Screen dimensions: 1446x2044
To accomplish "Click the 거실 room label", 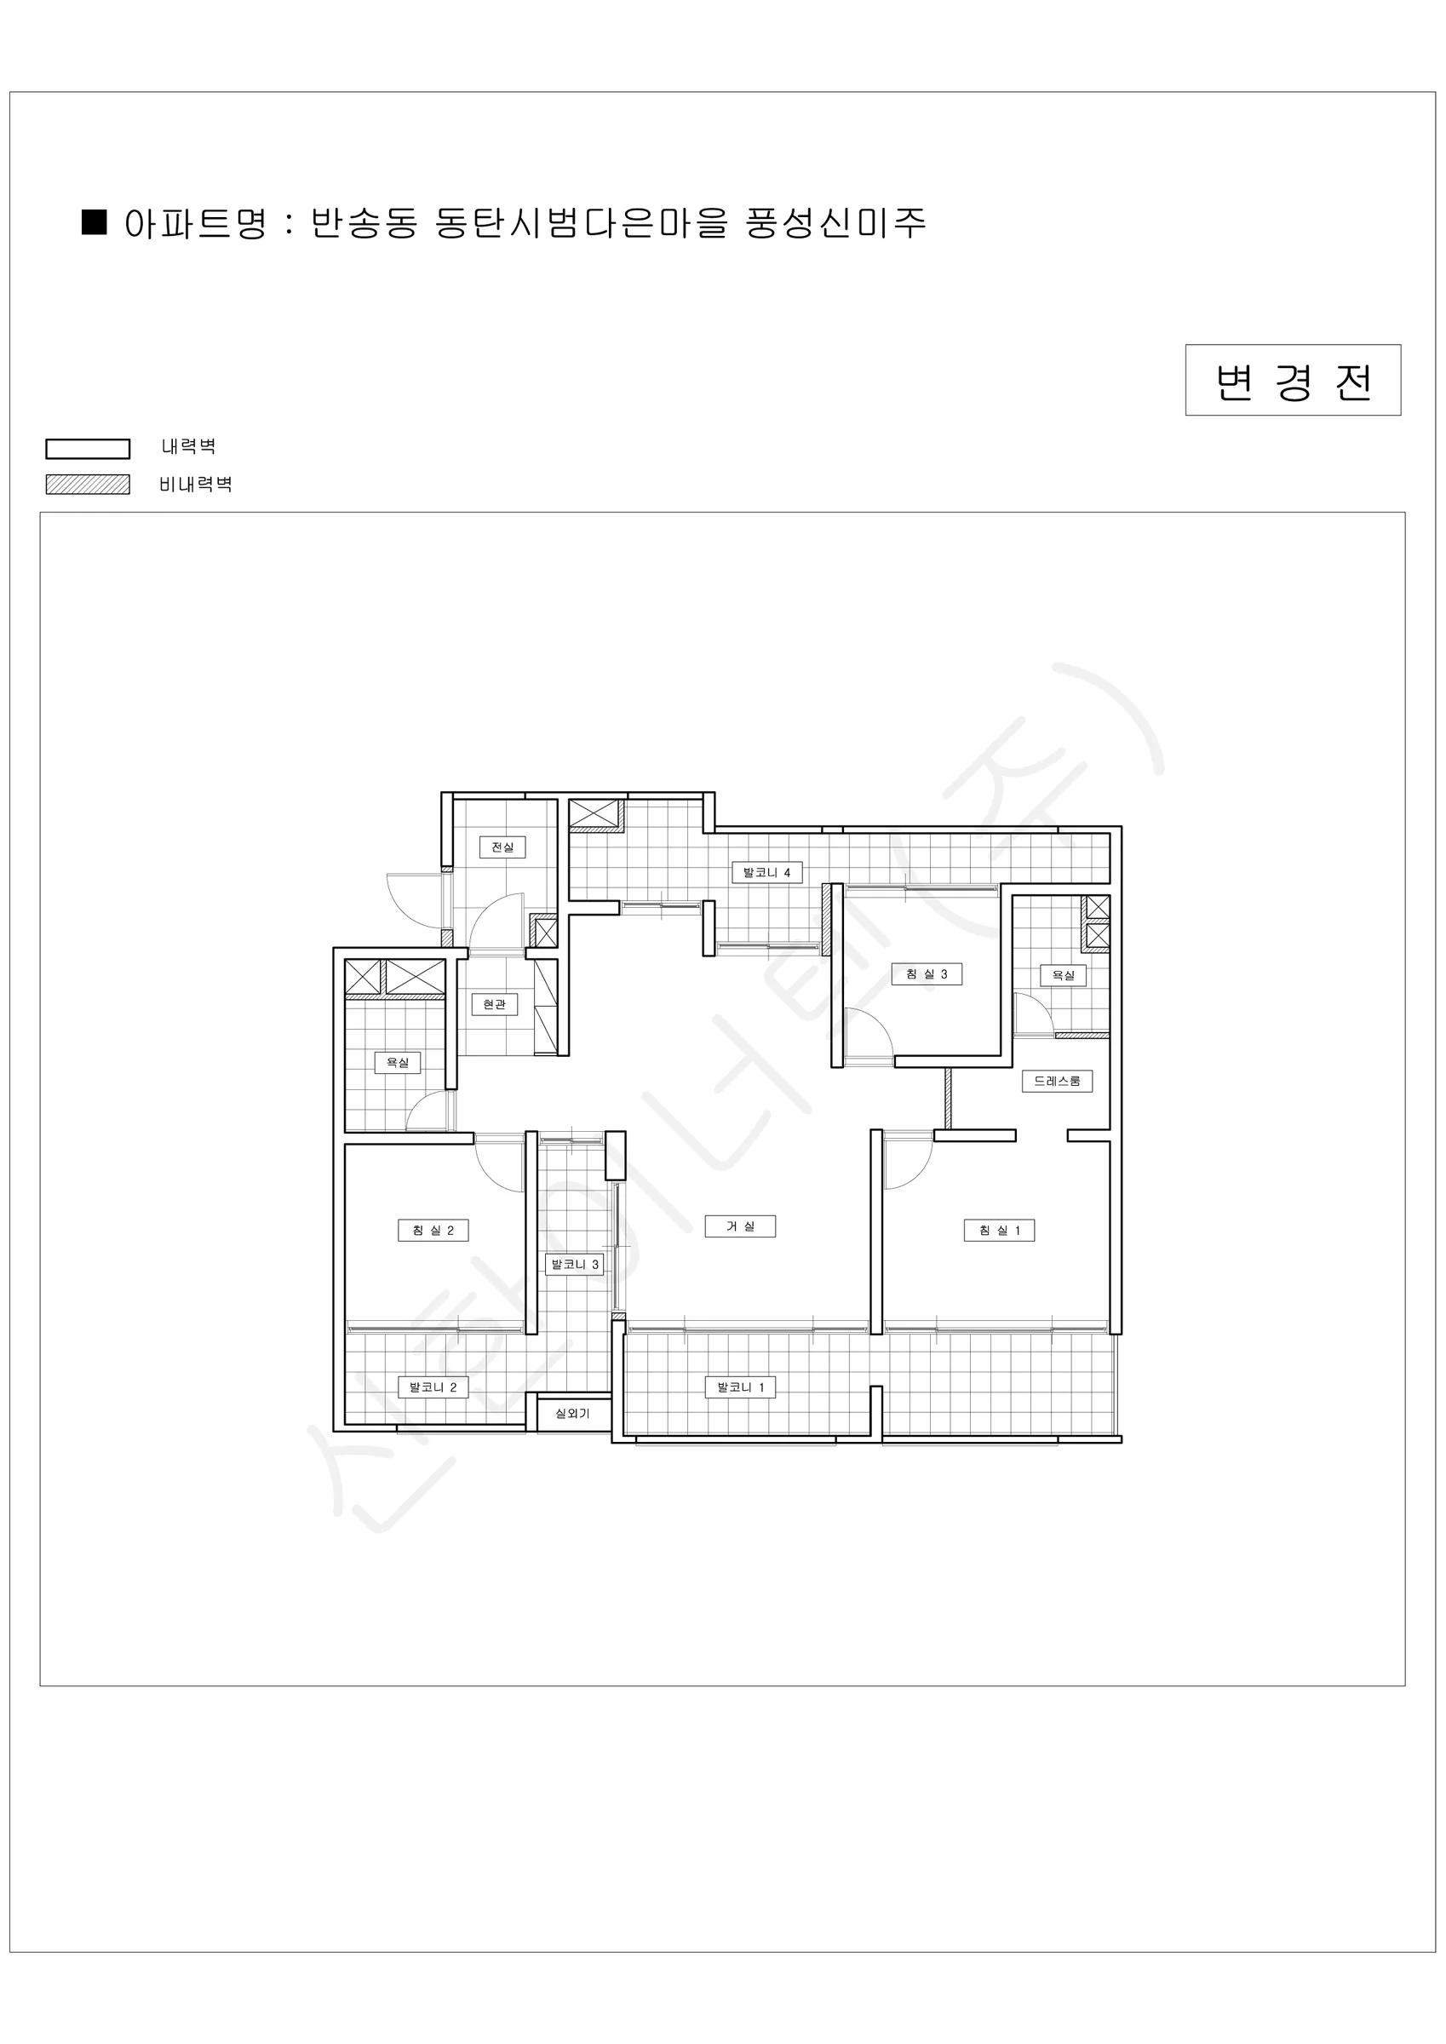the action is click(x=740, y=1226).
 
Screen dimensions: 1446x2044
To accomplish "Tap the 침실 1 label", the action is click(x=999, y=1231).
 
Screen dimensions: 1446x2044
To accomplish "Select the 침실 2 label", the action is click(x=433, y=1231).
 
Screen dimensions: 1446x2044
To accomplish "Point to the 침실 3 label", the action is click(x=927, y=974).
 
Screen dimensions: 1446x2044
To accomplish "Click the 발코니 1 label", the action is click(x=740, y=1387).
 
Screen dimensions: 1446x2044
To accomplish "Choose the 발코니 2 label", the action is click(x=433, y=1387).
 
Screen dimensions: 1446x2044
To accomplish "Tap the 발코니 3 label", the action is click(x=574, y=1264).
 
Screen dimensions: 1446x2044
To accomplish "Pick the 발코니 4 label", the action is click(x=766, y=872).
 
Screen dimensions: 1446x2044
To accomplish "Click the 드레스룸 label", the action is click(x=1057, y=1081).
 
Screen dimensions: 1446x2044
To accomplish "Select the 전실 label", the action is click(x=502, y=847).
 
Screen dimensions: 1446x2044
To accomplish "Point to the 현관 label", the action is click(x=494, y=1004).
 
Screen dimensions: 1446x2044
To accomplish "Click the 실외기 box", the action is click(x=571, y=1413).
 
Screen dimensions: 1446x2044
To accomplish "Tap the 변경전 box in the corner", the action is click(x=1293, y=380).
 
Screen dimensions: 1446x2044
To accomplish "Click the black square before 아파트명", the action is click(x=94, y=221).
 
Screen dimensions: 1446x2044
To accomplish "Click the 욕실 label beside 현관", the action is click(x=397, y=1062).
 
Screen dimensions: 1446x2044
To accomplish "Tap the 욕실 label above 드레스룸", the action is click(x=1063, y=975).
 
